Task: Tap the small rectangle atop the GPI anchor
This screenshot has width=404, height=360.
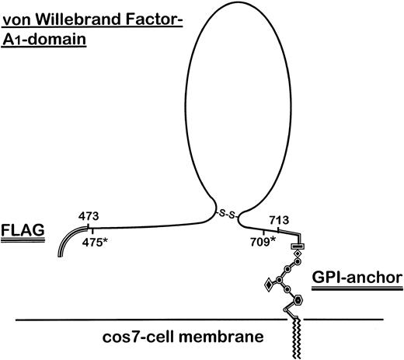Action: (x=297, y=247)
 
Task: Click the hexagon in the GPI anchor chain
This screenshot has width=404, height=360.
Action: (x=299, y=298)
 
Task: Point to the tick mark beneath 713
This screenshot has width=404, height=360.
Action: (x=278, y=228)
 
